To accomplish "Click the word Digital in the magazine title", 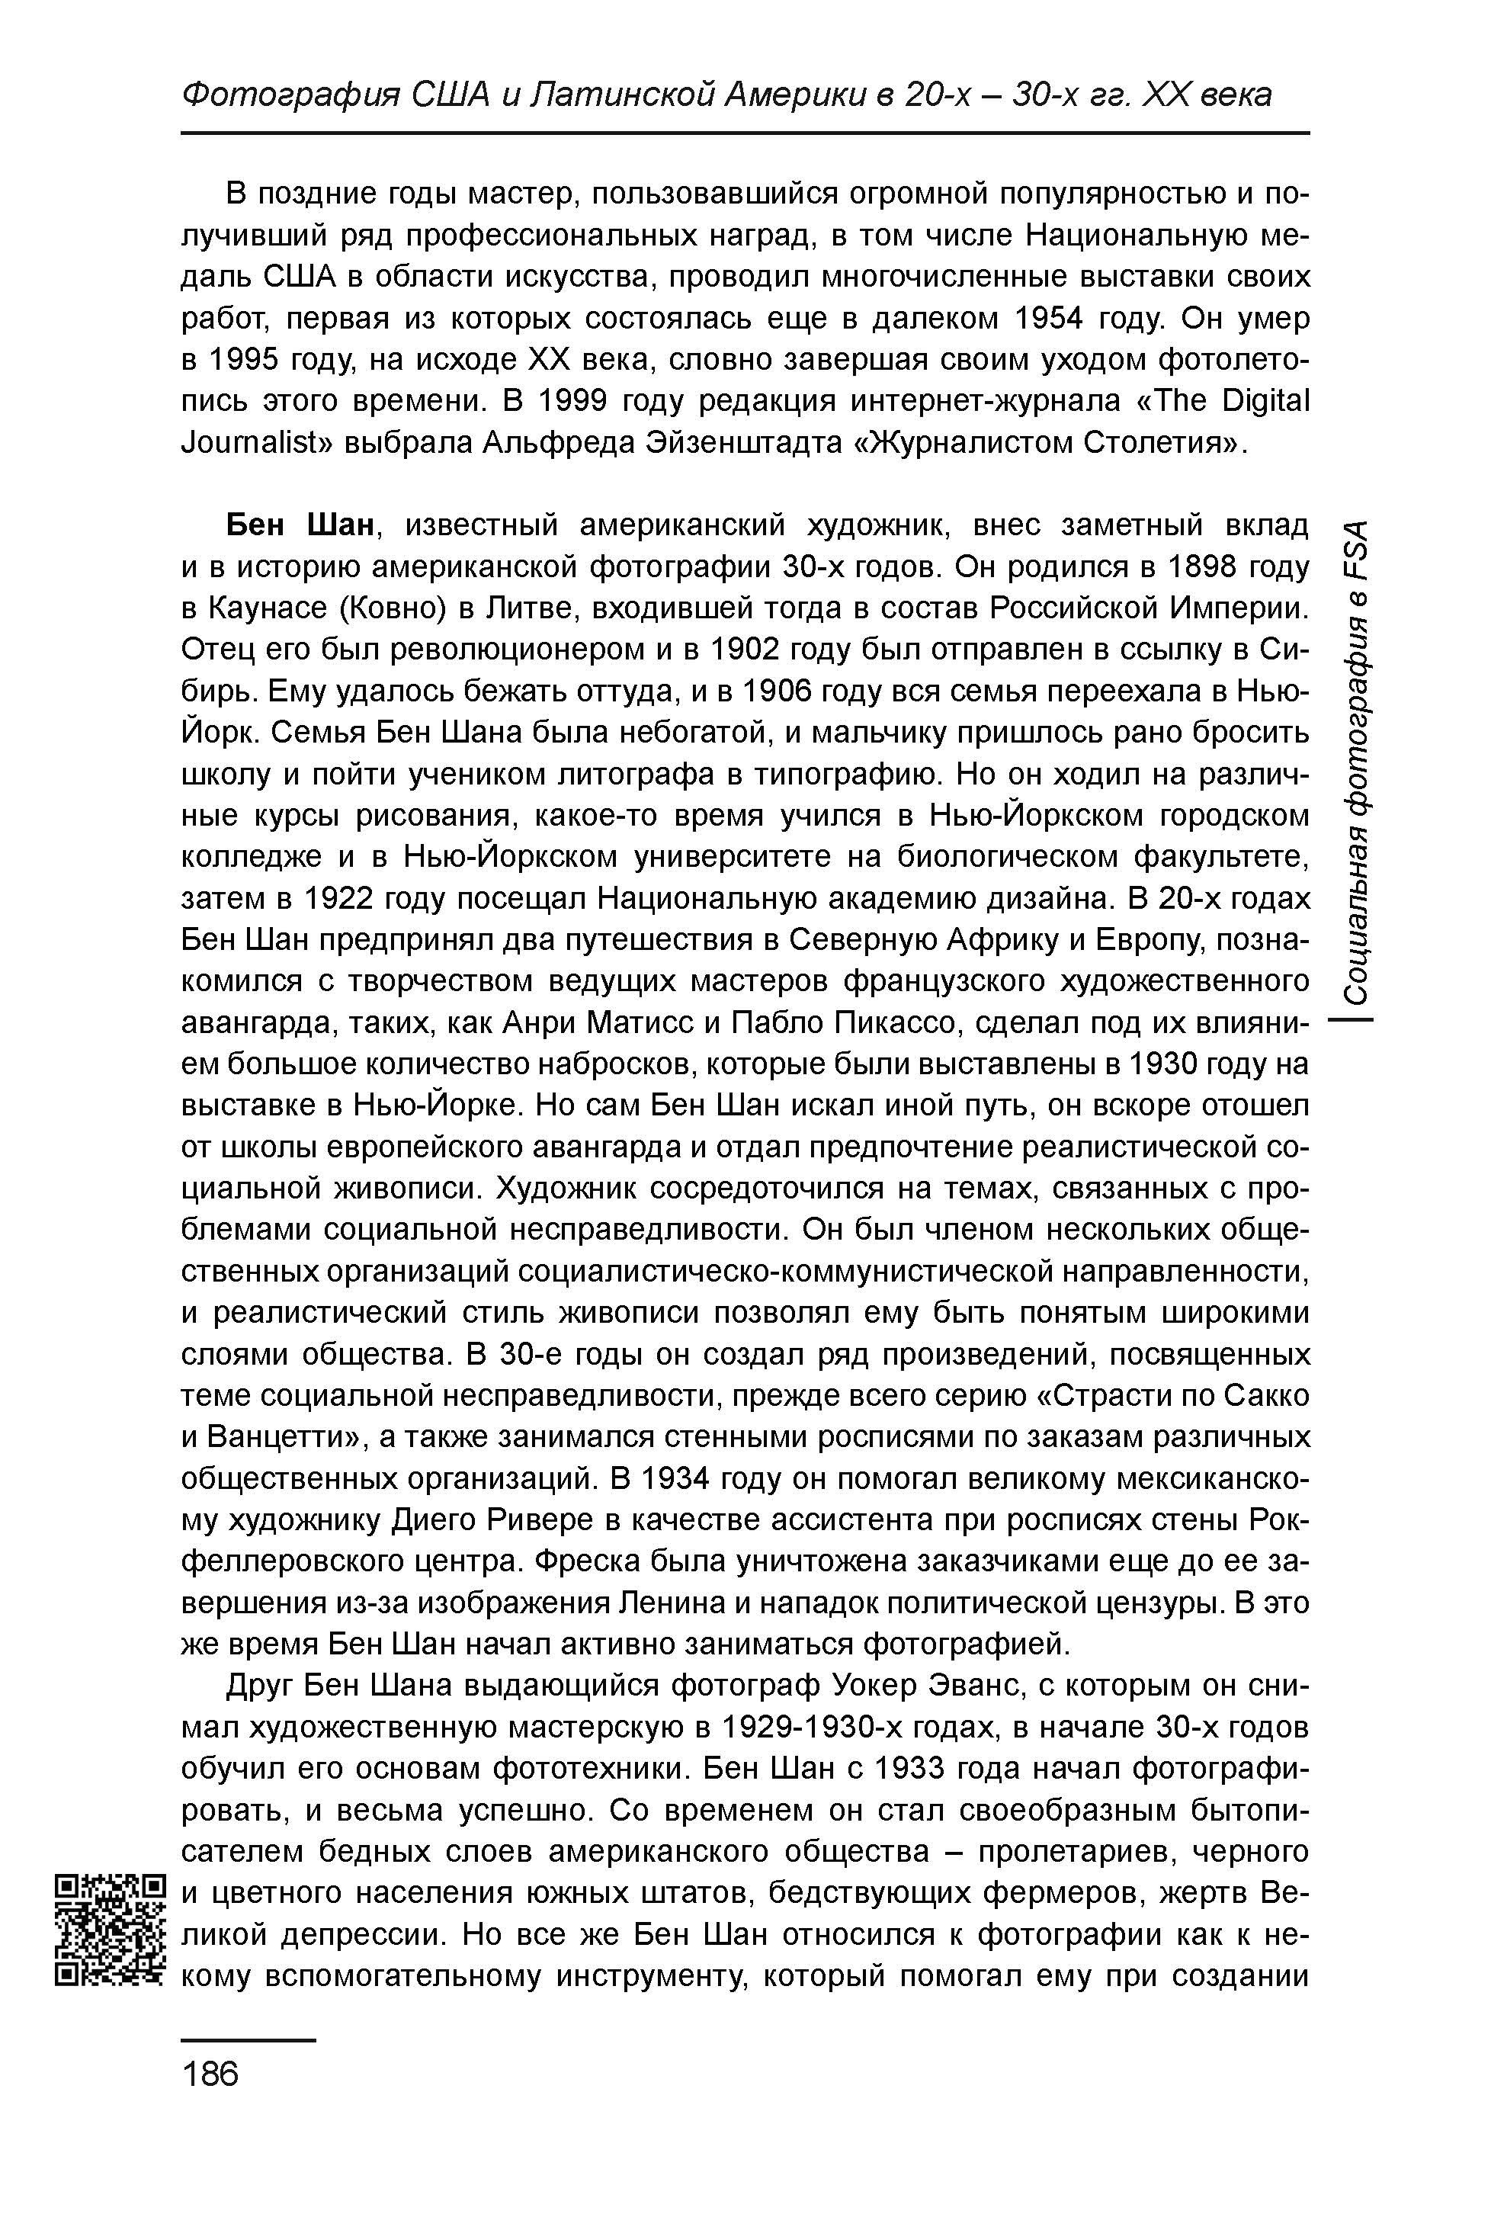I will (1265, 401).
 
